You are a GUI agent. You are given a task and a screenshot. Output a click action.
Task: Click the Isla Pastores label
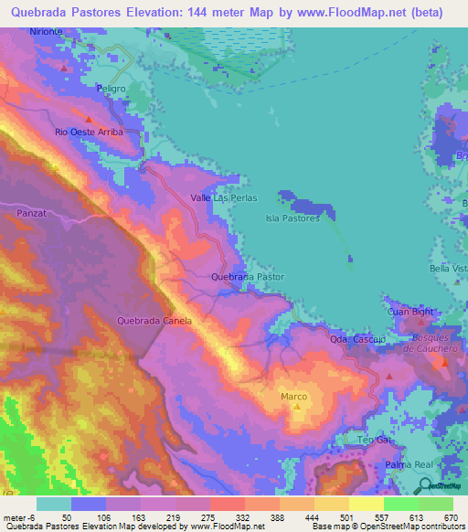[x=292, y=218]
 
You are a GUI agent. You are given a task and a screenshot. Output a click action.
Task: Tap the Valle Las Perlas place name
[x=224, y=197]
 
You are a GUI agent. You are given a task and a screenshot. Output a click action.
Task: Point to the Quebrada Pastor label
[x=247, y=276]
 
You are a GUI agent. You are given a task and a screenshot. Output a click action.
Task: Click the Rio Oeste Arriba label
[x=89, y=132]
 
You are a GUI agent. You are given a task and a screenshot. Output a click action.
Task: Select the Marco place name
[x=293, y=396]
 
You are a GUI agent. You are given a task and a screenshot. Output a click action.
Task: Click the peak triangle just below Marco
[x=295, y=407]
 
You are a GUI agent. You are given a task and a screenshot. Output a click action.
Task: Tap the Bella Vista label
[x=448, y=269]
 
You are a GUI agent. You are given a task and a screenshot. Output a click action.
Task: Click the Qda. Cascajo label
[x=353, y=339]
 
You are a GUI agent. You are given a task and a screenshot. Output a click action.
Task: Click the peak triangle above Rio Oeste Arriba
[x=89, y=119]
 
